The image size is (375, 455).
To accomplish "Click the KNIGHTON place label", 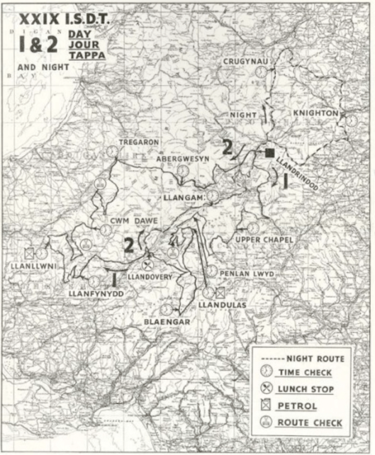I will pos(316,113).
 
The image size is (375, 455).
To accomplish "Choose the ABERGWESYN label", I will pos(182,159).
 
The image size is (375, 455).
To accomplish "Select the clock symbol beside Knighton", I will pos(352,120).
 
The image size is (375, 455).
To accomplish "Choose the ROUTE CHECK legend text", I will pos(310,423).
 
